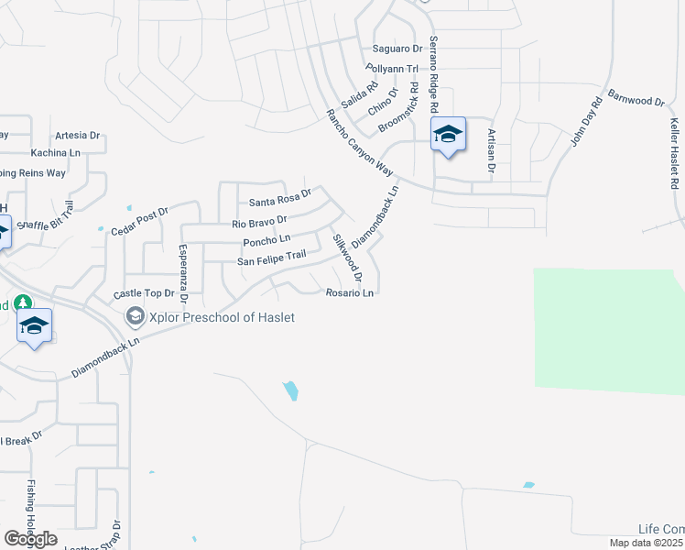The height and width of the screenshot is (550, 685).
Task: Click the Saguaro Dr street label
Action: pos(397,49)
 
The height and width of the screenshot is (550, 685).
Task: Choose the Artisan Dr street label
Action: pos(491,149)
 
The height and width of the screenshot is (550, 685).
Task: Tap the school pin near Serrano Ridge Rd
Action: pos(448,135)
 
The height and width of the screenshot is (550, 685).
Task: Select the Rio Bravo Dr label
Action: pos(260,222)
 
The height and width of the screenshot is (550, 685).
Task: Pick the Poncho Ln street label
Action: pos(266,241)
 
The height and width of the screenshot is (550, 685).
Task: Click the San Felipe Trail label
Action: pos(270,261)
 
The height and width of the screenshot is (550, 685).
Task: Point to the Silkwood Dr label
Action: pos(348,258)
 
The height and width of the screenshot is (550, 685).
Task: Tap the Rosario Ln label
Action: pos(350,293)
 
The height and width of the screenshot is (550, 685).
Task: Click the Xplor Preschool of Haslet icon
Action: pos(135,316)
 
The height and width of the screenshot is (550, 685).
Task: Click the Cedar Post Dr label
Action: pos(140,223)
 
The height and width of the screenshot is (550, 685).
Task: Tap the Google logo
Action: pos(30,538)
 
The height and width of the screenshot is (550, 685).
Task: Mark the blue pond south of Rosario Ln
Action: pos(290,390)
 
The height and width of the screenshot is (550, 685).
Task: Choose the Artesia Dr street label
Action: pos(76,135)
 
